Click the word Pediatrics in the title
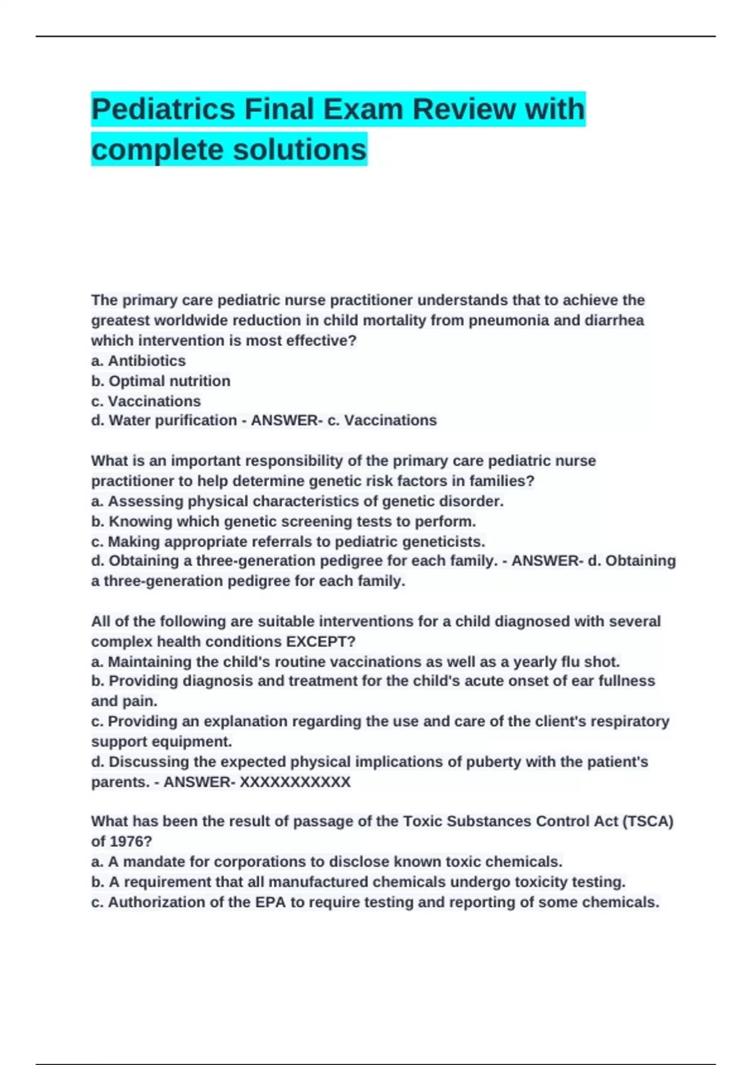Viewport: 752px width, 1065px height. [x=163, y=109]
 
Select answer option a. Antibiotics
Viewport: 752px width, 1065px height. [x=138, y=361]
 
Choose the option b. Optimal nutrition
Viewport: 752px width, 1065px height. [x=161, y=381]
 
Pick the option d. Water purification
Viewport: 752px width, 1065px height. [x=164, y=420]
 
